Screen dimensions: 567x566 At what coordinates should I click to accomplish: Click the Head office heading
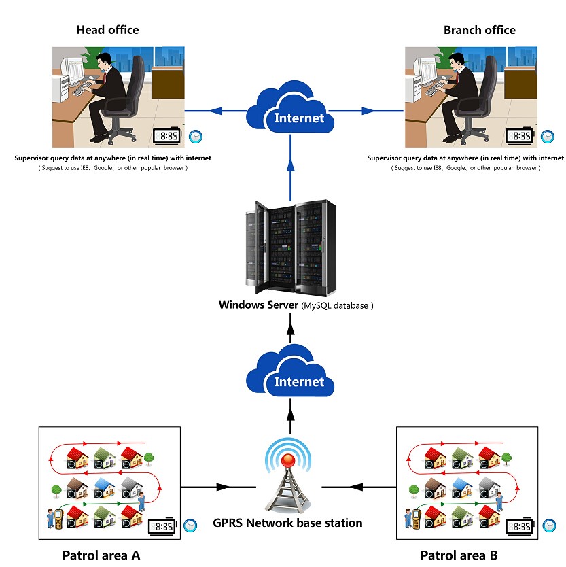click(x=107, y=30)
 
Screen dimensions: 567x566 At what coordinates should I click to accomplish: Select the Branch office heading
click(x=479, y=30)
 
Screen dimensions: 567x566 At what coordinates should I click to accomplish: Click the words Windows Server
click(x=257, y=305)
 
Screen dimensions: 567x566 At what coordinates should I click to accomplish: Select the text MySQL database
click(x=336, y=305)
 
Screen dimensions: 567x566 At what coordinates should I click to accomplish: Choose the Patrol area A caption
click(x=101, y=555)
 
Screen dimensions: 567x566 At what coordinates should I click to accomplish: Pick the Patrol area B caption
click(x=459, y=555)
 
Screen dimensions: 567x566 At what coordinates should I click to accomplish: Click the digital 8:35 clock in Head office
click(x=165, y=136)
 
